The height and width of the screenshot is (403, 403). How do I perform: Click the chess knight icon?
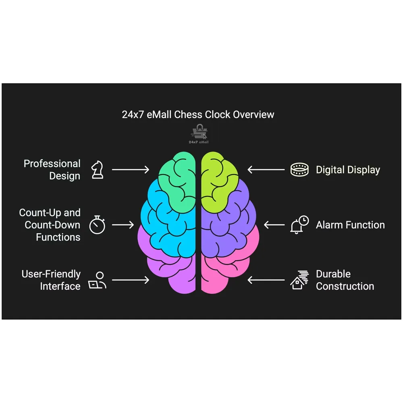pyautogui.click(x=97, y=170)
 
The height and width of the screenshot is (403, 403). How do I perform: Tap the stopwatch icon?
pyautogui.click(x=97, y=224)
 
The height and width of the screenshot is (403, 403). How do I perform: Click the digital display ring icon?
pyautogui.click(x=299, y=170)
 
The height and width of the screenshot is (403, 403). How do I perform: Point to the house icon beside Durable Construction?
pyautogui.click(x=299, y=280)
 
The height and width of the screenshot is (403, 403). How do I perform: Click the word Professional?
pyautogui.click(x=52, y=164)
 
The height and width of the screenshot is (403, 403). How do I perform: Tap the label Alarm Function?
pyautogui.click(x=350, y=225)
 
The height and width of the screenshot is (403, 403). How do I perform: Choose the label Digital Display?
pyautogui.click(x=347, y=170)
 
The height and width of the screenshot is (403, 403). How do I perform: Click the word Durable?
pyautogui.click(x=333, y=274)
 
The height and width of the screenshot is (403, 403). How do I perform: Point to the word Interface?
pyautogui.click(x=60, y=287)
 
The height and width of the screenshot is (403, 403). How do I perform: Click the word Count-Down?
pyautogui.click(x=52, y=225)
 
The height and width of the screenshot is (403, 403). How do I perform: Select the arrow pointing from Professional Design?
pyautogui.click(x=130, y=170)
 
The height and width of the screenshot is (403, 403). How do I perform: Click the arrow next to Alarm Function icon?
pyautogui.click(x=274, y=225)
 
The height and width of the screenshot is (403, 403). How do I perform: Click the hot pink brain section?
pyautogui.click(x=230, y=270)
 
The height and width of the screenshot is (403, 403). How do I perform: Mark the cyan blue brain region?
pyautogui.click(x=169, y=226)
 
